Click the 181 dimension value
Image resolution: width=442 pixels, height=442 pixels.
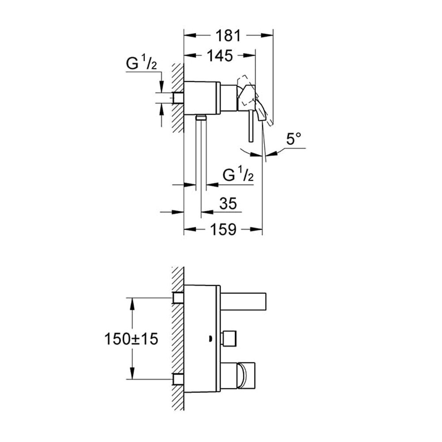coord(229,36)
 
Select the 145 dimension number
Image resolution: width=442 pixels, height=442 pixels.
coord(220,56)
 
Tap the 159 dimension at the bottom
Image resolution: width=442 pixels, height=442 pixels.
coord(223,229)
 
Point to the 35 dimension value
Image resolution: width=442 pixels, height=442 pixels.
coord(228,204)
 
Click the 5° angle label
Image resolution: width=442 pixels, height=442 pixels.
coord(294,139)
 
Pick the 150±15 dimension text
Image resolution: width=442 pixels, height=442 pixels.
coord(131,339)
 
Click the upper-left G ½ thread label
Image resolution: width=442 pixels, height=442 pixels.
coord(141,63)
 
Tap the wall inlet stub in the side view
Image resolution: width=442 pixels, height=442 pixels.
coord(179,98)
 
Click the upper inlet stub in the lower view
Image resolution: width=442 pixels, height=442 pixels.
coord(178,297)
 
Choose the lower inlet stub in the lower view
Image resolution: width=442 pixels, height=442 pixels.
coord(178,379)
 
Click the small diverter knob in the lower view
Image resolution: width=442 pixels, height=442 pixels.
coord(229,339)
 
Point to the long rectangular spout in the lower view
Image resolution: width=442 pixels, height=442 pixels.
coord(244,301)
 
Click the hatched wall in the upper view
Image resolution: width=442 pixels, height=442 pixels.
coord(178,98)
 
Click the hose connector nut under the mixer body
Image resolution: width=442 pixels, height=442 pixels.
coord(201,118)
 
